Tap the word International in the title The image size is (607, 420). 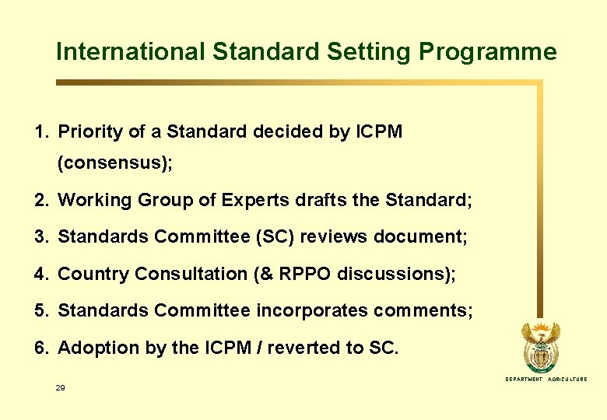130,52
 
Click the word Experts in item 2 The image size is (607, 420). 251,201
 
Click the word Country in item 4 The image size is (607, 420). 93,274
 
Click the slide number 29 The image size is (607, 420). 61,387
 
